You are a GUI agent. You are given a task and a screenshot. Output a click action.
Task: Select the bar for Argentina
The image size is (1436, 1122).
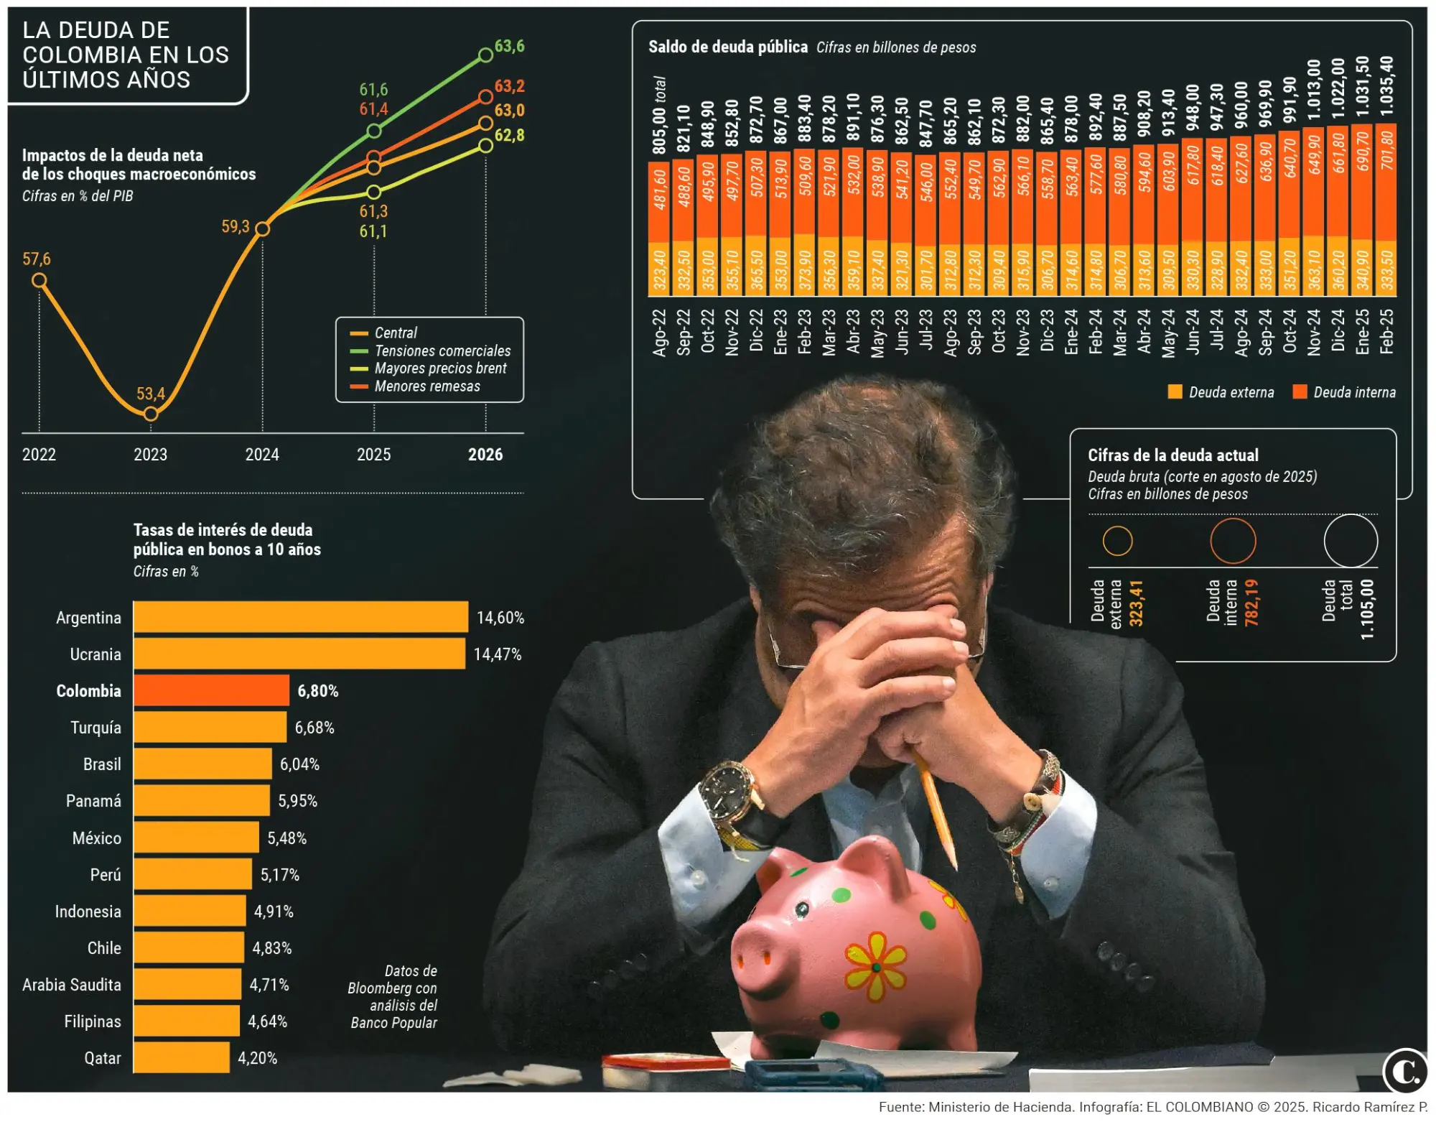pos(300,617)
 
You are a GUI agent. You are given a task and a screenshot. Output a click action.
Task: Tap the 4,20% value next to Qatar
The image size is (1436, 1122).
pos(257,1058)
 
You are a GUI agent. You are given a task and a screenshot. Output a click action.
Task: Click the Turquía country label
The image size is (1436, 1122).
pos(95,728)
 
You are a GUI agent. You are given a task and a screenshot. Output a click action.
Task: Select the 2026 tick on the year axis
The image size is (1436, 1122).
pos(485,454)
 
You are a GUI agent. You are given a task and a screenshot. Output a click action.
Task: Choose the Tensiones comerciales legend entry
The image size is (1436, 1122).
pos(442,351)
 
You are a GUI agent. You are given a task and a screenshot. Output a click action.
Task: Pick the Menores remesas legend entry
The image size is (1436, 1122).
pos(427,386)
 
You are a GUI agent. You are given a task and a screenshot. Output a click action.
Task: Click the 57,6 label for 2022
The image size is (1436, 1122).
pos(37,259)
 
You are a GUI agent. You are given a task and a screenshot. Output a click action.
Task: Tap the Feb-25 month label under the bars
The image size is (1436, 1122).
pos(1386,331)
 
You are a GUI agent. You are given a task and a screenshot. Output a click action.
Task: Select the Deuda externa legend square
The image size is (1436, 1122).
pos(1175,392)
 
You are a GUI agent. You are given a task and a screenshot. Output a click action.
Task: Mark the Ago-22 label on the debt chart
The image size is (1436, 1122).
pos(659,332)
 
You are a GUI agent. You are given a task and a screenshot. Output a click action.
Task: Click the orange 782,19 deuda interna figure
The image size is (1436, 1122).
pos(1251,603)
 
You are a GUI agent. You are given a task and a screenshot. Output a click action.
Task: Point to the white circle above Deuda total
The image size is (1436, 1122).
pos(1350,541)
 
